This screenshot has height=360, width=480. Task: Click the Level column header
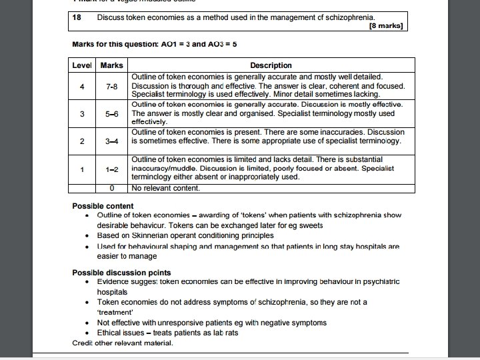point(82,65)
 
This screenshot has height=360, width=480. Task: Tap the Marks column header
point(111,65)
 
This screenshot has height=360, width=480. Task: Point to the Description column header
point(271,65)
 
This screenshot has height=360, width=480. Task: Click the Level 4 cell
point(82,87)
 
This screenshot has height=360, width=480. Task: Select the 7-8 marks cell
point(111,87)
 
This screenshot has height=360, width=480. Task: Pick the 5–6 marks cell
point(111,114)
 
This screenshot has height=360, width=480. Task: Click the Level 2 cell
point(82,141)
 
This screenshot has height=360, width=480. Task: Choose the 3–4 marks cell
point(111,141)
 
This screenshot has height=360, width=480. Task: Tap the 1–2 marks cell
point(111,169)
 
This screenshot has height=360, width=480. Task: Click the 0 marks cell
point(111,188)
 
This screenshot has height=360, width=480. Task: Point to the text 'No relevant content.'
point(165,188)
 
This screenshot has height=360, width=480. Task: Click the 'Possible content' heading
point(103,206)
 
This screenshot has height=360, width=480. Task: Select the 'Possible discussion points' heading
point(121,273)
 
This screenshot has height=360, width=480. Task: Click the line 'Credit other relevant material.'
point(123,343)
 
